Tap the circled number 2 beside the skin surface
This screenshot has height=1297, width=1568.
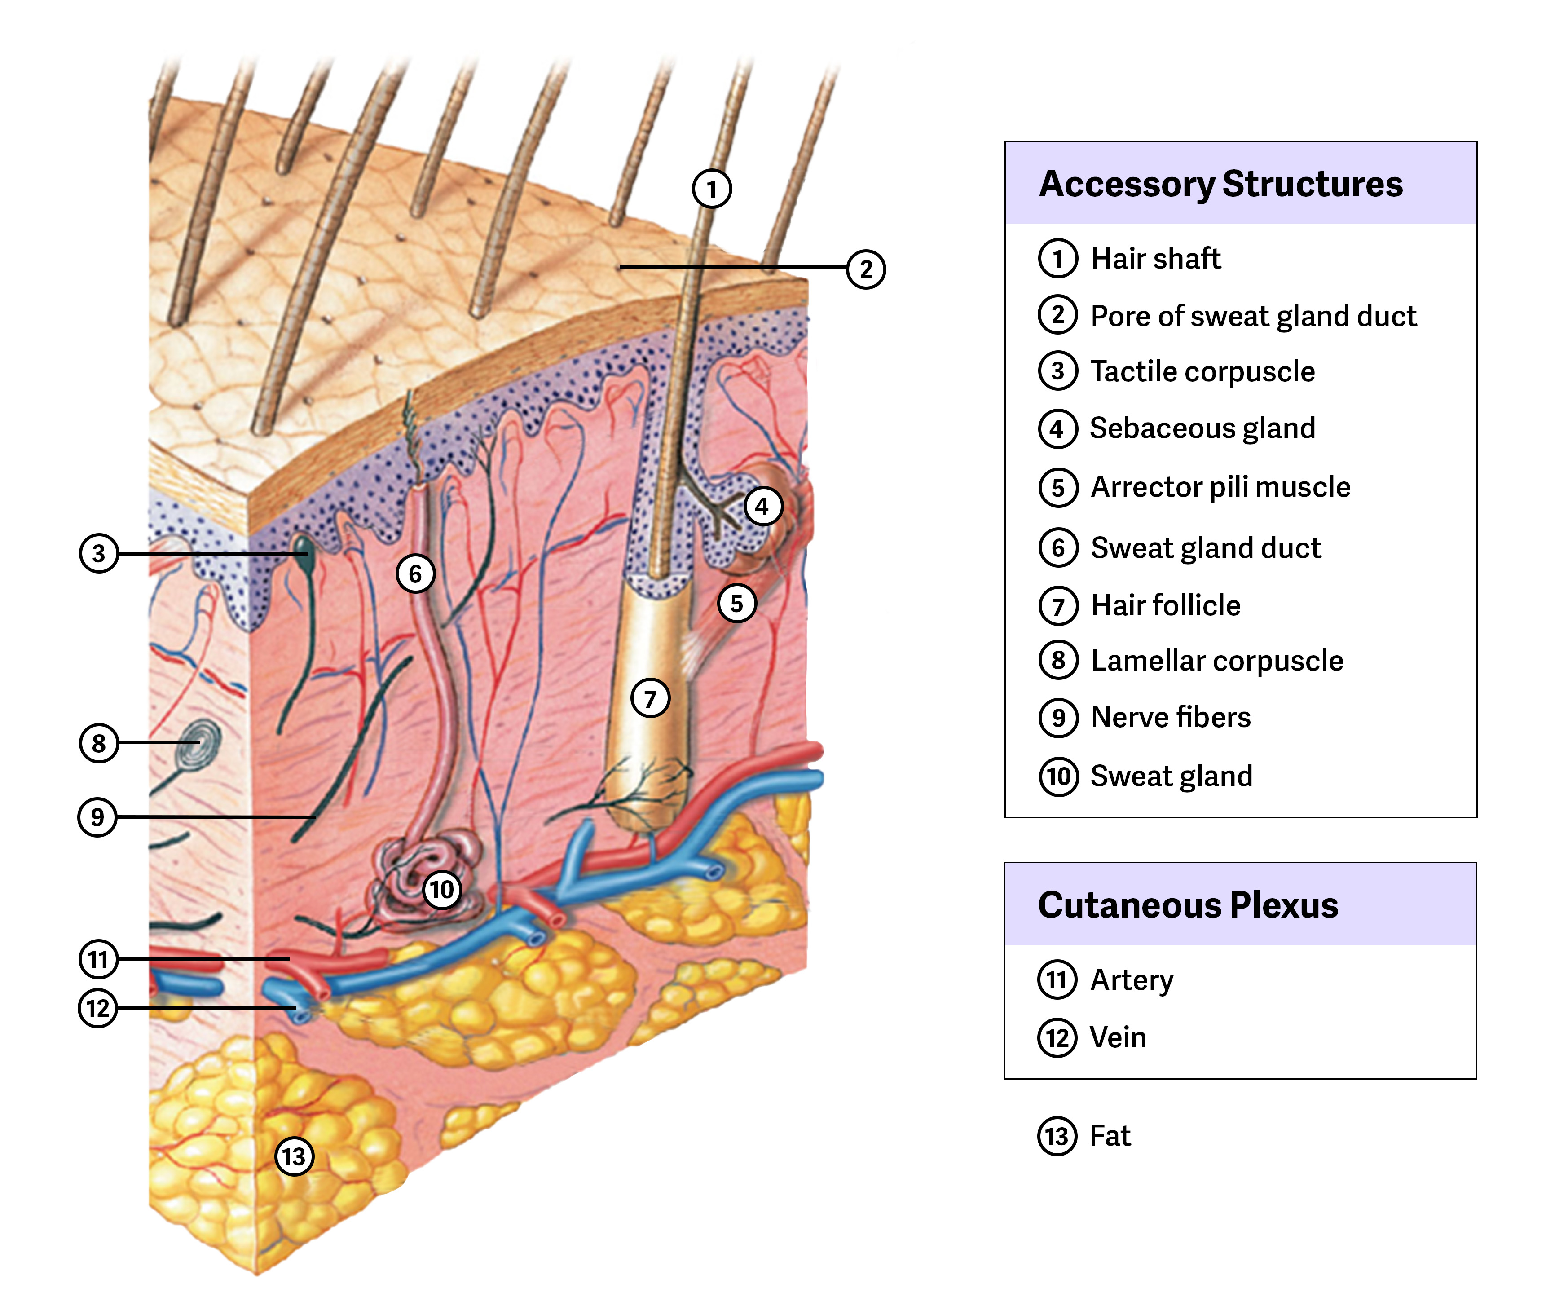coord(865,269)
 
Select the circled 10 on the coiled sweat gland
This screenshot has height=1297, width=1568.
coord(441,889)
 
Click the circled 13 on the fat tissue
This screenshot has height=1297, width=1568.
coord(294,1156)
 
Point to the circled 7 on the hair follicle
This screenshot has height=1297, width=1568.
coord(650,698)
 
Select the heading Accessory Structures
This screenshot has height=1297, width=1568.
coord(1221,184)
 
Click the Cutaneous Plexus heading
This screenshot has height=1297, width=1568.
coord(1187,905)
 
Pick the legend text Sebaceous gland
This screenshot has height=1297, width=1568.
coord(1202,428)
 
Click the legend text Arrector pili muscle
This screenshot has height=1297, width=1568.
coord(1220,487)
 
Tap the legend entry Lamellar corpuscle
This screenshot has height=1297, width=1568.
coord(1216,661)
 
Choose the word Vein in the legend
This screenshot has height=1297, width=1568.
coord(1117,1038)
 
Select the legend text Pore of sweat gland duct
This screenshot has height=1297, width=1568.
coord(1253,316)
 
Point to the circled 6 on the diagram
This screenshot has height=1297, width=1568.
coord(415,574)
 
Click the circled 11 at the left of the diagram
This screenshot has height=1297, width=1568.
coord(98,959)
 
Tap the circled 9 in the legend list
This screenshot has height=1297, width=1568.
coord(1057,718)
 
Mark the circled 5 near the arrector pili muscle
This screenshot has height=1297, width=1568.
coord(736,603)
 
